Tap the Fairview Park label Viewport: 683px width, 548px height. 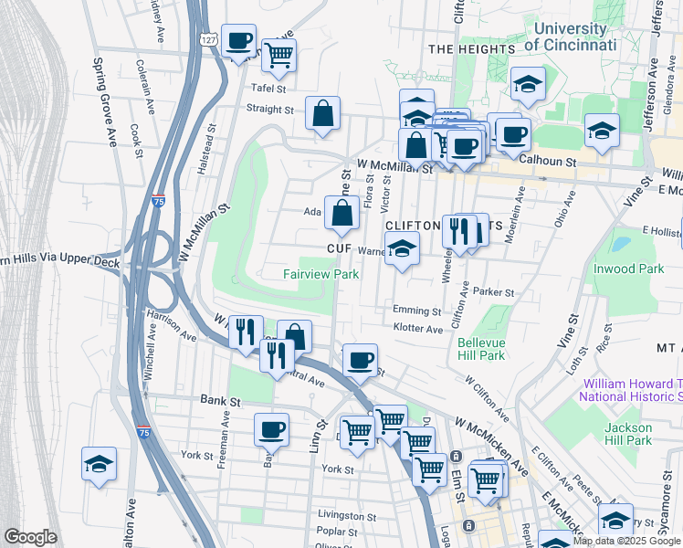tap(320, 274)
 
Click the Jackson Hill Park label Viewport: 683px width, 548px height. tap(628, 434)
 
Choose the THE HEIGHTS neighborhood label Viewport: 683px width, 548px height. tap(471, 48)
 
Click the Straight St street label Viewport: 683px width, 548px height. tap(269, 109)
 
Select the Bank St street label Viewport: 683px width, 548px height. tap(220, 400)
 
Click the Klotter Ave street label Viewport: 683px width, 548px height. tap(417, 328)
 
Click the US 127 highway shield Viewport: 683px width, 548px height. tap(209, 40)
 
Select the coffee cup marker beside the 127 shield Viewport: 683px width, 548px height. tap(239, 40)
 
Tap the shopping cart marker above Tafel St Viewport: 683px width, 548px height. tap(279, 55)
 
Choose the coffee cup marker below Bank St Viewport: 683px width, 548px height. tap(271, 428)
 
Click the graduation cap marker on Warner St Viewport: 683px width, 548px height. tap(401, 248)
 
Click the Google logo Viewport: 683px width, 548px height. tap(30, 537)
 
